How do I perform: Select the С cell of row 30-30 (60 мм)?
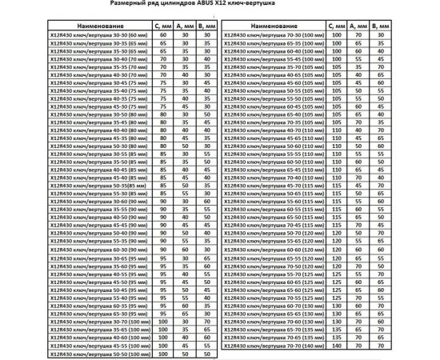click(x=162, y=35)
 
